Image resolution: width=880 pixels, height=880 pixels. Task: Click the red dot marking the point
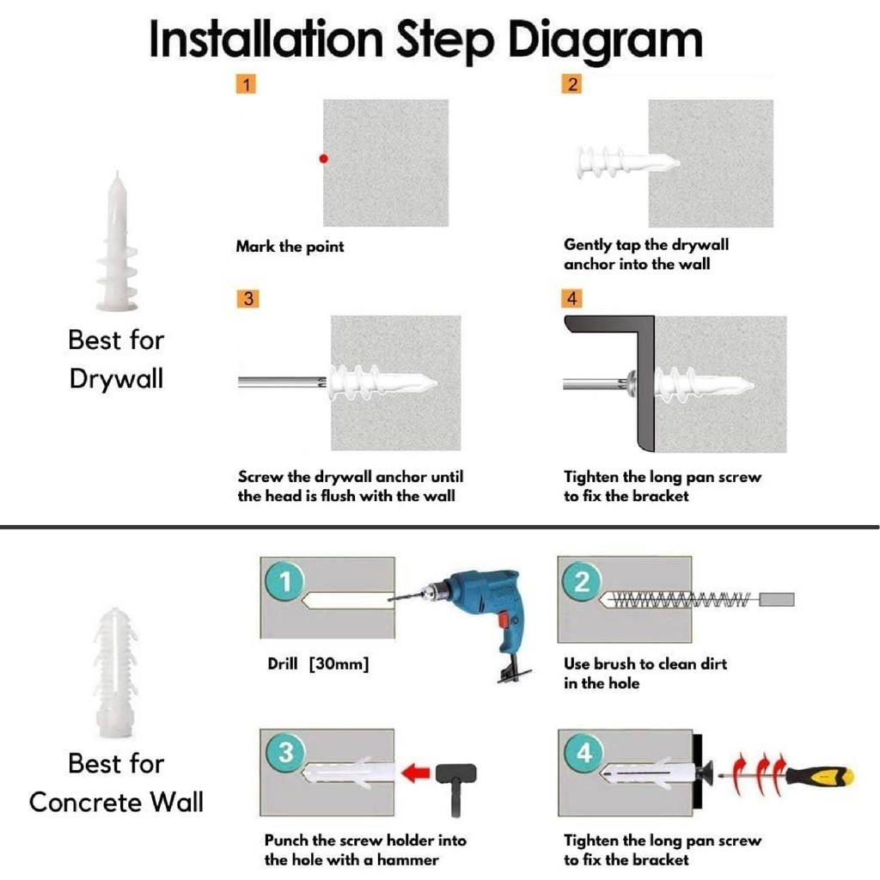click(x=323, y=159)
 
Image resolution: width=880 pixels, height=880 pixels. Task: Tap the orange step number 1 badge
click(x=246, y=84)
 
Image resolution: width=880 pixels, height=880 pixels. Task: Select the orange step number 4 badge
click(x=571, y=298)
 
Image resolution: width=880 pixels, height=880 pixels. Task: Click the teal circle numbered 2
click(x=582, y=581)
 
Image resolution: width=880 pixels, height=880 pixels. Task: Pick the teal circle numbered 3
click(x=285, y=753)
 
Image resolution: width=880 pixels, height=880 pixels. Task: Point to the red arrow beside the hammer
click(x=416, y=773)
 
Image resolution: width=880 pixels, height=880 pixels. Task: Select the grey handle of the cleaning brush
click(x=777, y=599)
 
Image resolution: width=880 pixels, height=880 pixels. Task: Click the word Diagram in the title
click(x=605, y=40)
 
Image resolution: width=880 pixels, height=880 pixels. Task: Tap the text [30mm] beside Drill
click(x=339, y=664)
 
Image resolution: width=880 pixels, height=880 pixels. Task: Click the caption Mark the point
click(x=290, y=247)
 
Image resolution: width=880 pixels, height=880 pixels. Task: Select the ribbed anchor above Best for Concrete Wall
click(x=115, y=672)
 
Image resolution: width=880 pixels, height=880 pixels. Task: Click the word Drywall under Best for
click(x=116, y=379)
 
